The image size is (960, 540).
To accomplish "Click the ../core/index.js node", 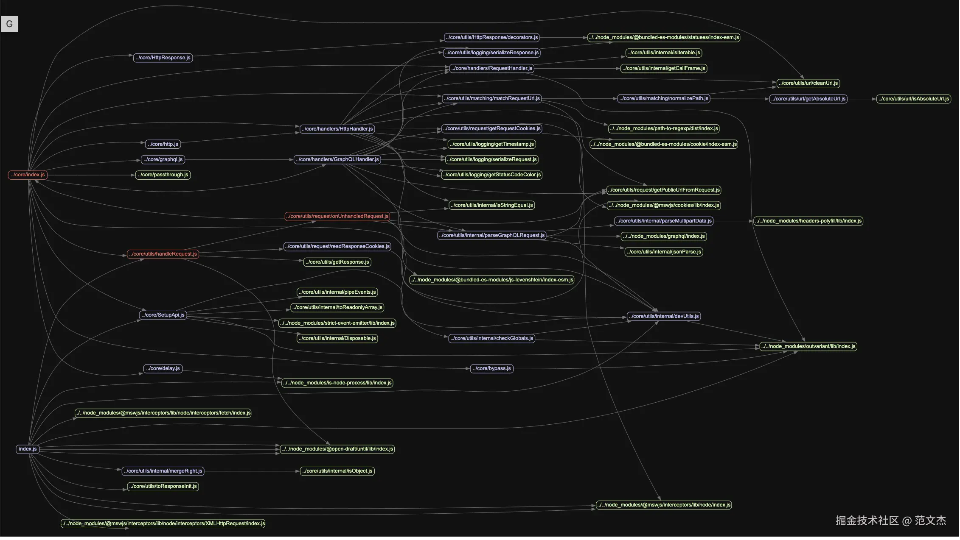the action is coord(28,175).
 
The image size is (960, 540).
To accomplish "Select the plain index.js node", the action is coord(28,449).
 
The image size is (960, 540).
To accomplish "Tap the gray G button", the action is coord(9,24).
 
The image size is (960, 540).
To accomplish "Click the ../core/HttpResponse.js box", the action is coord(163,58).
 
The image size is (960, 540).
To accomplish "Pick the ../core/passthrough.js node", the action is coord(163,175).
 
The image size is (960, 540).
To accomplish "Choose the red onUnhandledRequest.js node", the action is coord(337,217).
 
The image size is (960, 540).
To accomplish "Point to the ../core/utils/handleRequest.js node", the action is coord(163,254).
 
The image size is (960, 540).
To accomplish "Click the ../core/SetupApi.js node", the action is coord(163,315).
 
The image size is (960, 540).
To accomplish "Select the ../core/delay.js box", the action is coord(163,369).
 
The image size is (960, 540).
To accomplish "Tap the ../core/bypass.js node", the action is coord(491,369).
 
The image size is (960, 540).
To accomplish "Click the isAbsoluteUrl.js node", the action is coord(913,99).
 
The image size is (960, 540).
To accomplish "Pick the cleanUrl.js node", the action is coord(808,84).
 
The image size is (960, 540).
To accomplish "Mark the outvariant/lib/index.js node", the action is coord(808,347).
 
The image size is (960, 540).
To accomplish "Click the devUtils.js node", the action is coord(664,317).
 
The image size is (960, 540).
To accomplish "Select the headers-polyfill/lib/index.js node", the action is coord(808,221).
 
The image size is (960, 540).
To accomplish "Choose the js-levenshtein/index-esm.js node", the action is coord(491,280).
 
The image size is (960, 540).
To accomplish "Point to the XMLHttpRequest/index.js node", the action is coord(163,524).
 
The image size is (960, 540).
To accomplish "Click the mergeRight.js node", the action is coord(163,471).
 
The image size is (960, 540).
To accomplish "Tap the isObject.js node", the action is coord(337,471).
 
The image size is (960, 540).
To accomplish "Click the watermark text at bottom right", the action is coord(890,521).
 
